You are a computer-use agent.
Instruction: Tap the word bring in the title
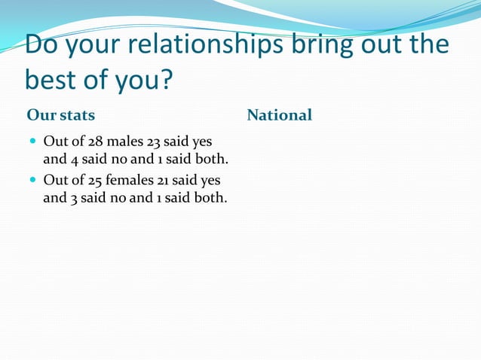tap(323, 45)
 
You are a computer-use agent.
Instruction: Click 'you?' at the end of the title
tap(152, 79)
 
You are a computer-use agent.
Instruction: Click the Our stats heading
tap(61, 115)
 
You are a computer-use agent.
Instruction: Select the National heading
tap(279, 115)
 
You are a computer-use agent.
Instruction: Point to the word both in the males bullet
tap(211, 160)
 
